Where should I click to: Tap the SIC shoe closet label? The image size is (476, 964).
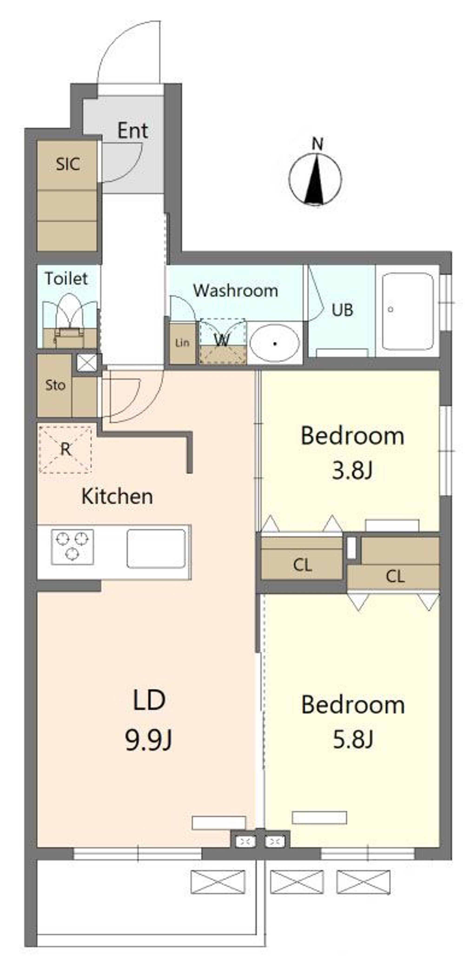(68, 164)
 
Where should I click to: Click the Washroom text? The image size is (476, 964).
(235, 291)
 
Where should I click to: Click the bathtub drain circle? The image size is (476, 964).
(390, 310)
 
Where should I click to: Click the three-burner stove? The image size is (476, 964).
(72, 547)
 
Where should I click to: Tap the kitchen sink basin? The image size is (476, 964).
(156, 548)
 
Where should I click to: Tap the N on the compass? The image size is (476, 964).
(317, 144)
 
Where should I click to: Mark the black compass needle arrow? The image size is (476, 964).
(314, 180)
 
